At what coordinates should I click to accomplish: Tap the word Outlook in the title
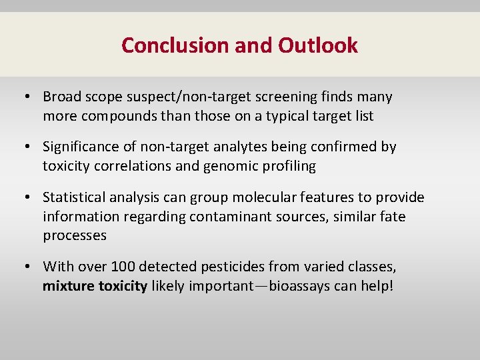318,45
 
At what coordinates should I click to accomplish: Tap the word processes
75,235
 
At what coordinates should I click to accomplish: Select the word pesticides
224,267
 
